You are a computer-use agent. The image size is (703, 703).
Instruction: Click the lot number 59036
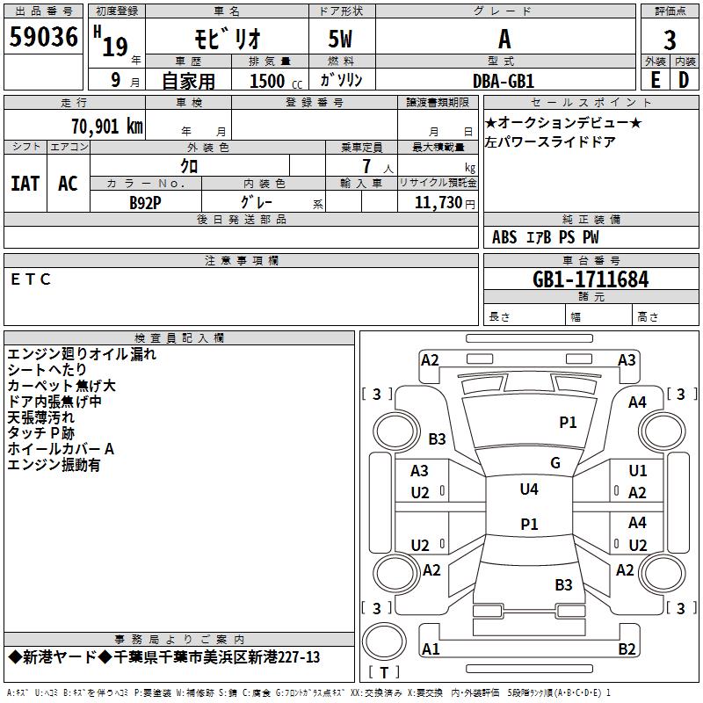(x=43, y=39)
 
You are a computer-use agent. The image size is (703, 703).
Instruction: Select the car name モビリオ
(x=226, y=40)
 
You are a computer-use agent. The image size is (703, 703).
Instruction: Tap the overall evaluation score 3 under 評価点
(x=670, y=40)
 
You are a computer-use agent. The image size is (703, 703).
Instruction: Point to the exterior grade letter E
(x=655, y=79)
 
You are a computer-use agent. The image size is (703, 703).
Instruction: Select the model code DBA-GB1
(x=504, y=80)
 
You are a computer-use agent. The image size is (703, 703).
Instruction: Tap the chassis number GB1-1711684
(x=591, y=279)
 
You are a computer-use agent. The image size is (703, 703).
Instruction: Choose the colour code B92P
(x=146, y=201)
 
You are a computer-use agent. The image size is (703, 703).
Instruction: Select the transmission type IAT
(x=25, y=183)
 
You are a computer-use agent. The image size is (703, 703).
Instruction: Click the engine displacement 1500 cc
(x=272, y=80)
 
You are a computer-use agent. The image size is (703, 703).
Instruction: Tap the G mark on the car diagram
(x=555, y=463)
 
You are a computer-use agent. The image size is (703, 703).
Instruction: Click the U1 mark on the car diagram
(x=638, y=472)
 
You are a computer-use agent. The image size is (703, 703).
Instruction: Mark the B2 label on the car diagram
(x=627, y=649)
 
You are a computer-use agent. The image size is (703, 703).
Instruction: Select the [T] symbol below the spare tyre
(x=383, y=673)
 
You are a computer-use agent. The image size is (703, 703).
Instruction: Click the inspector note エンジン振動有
(x=54, y=465)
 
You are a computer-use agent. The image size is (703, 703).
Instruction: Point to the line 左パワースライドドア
(x=550, y=141)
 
